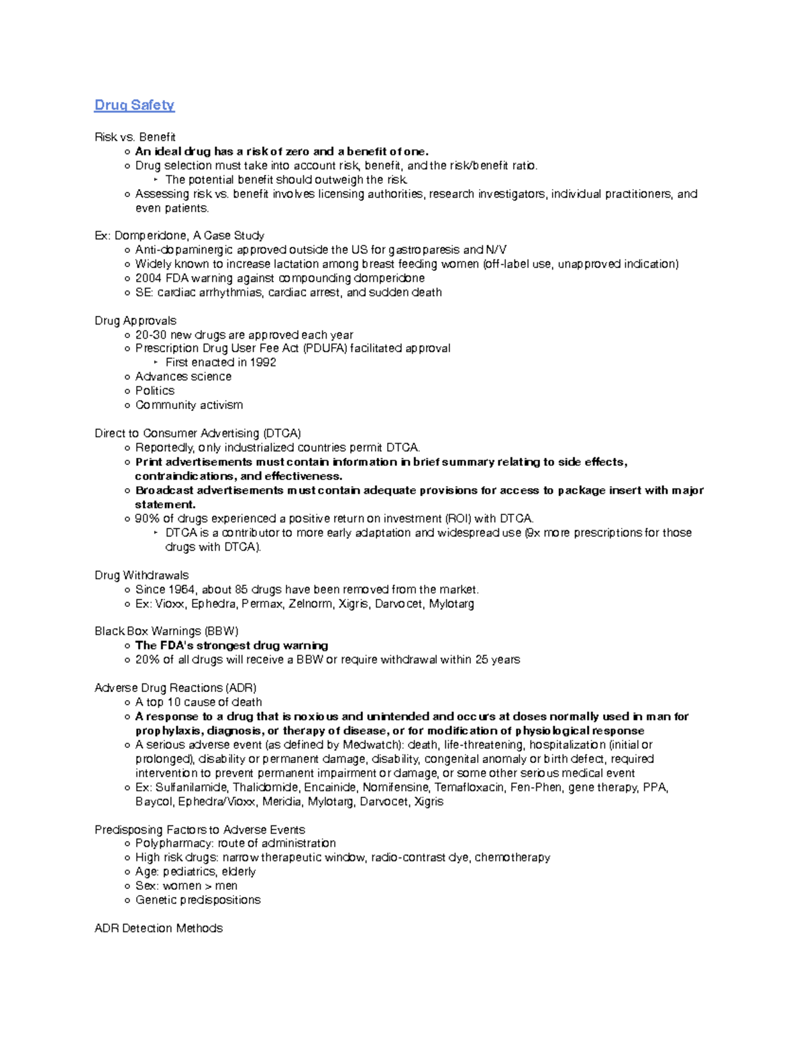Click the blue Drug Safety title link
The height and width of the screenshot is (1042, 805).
pos(134,105)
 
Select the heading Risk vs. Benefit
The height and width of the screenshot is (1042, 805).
pos(135,137)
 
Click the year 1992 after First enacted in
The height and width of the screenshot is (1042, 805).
pos(262,362)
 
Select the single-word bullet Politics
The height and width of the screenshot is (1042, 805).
pos(154,391)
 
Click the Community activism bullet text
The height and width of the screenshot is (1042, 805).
pos(189,405)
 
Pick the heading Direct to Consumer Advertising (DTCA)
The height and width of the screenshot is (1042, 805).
pos(197,433)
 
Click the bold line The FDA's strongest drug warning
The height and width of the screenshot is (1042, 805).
pos(231,646)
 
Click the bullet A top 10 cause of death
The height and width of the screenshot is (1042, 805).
pos(198,702)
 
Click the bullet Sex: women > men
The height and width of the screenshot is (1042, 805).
pos(186,886)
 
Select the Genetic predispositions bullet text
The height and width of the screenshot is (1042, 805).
pos(197,900)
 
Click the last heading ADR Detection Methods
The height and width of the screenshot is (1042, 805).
pos(158,928)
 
